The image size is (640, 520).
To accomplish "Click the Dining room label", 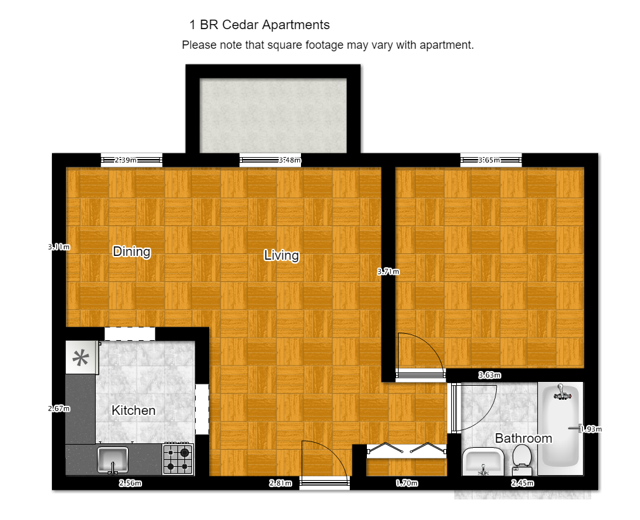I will pos(132,251).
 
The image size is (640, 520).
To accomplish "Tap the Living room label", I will pos(281,255).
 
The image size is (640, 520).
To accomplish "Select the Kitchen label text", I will pos(133,410).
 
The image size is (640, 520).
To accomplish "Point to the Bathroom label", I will pos(523,438).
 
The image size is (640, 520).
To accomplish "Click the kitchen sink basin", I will pos(113,459).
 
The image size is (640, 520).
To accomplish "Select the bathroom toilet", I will pos(522,459).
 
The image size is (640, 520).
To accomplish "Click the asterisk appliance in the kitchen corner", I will pos(81,358).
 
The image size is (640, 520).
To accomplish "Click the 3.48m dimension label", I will pos(290,160).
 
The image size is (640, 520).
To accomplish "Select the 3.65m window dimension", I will pos(489,160).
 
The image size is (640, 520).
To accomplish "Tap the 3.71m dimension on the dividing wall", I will pos(388,272).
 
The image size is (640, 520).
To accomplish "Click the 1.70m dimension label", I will pos(407,483).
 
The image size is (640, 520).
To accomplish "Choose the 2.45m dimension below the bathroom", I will pos(523,483).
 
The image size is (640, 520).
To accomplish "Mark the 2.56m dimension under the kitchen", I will pos(130,483).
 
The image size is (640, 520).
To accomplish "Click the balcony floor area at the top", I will pos(273,115).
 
